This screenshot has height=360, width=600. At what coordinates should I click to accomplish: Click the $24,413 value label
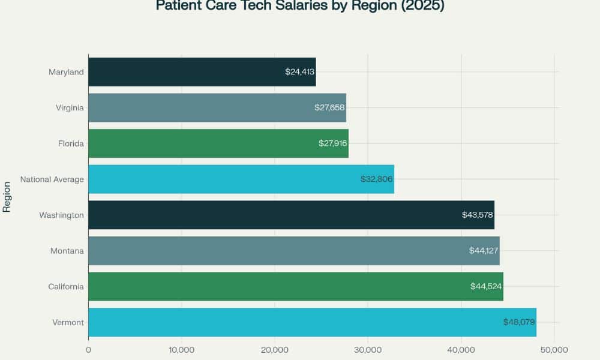(x=300, y=72)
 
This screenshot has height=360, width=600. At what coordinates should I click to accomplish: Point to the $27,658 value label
(x=330, y=108)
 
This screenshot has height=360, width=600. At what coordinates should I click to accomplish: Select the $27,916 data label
(x=333, y=143)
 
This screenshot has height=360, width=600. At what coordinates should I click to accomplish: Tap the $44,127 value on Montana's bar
(x=484, y=251)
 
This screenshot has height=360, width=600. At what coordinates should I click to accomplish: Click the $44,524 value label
(x=486, y=286)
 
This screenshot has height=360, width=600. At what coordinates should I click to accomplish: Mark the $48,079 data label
(x=519, y=322)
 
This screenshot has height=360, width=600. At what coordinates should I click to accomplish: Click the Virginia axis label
(x=70, y=108)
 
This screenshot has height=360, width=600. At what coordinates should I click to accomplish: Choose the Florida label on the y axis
(x=71, y=143)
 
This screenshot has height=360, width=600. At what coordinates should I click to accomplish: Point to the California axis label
(x=66, y=286)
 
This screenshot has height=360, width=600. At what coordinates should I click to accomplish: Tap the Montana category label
(x=68, y=251)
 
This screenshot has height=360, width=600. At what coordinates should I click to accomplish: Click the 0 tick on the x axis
(x=88, y=350)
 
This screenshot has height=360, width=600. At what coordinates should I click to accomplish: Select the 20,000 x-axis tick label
(x=275, y=350)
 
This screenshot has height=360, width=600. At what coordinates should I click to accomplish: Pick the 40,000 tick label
(x=461, y=350)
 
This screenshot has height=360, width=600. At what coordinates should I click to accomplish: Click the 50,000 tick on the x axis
(x=554, y=350)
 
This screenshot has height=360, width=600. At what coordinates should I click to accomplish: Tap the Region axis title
(x=7, y=197)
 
